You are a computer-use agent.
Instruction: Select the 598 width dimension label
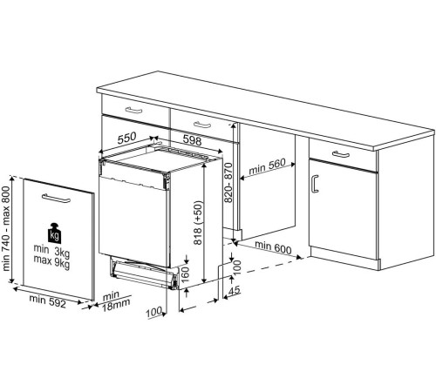coord(192,140)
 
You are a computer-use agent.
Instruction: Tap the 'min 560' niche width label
coord(267,166)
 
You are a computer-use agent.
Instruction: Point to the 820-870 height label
coord(228,183)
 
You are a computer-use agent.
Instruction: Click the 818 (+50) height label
coord(198,222)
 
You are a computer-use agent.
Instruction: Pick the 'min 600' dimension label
coord(273,247)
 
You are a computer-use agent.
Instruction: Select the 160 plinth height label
coord(185,275)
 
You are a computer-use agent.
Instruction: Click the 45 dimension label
coord(235,290)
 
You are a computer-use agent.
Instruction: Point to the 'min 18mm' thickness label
coord(115,301)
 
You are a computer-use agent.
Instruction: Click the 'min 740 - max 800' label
coord(6,228)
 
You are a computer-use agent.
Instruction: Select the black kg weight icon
coord(54,233)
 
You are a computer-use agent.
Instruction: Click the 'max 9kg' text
coord(51,261)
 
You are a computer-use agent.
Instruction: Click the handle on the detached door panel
coord(56,198)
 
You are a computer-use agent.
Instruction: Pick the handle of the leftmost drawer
coord(133,110)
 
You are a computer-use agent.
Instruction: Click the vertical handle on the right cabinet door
coord(314,184)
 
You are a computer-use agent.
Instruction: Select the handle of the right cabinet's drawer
coord(341,154)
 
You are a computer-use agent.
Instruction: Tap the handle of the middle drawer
coord(202,125)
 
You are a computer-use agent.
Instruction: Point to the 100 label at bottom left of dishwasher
coord(153,312)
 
